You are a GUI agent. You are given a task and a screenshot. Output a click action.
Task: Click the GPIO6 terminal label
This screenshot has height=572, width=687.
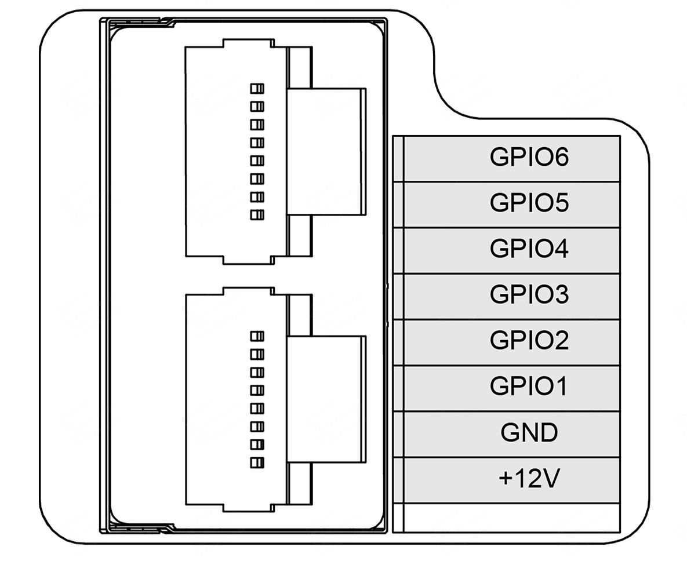(529, 157)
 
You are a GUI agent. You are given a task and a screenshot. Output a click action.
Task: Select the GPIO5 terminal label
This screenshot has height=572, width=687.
(529, 202)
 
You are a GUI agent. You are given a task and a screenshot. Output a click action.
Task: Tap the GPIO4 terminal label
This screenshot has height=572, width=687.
(529, 249)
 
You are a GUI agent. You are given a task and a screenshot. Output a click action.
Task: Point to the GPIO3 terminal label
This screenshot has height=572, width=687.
(529, 294)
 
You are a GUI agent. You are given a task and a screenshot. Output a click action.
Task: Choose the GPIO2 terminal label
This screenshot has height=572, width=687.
(529, 340)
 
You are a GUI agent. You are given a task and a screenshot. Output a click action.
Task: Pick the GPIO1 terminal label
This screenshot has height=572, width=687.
(528, 386)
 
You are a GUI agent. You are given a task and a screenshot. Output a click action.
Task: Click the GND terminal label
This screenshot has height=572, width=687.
(529, 432)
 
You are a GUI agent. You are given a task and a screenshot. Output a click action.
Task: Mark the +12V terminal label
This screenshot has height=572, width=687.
(529, 478)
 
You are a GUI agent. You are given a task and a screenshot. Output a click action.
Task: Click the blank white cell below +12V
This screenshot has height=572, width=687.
(511, 518)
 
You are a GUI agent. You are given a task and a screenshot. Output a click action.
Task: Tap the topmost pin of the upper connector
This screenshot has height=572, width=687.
(257, 89)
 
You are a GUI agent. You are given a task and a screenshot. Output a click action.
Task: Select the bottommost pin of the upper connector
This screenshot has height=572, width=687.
(257, 214)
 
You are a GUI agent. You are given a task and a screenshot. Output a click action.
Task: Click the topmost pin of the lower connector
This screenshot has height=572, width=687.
(257, 336)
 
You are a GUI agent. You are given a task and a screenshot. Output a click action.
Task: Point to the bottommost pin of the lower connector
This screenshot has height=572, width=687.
(257, 462)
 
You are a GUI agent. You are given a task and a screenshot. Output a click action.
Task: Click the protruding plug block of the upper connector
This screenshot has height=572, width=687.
(326, 151)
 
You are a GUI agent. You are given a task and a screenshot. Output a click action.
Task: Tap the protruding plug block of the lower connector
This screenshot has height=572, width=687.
(326, 399)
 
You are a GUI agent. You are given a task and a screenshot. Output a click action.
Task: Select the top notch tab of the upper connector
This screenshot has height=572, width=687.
(249, 43)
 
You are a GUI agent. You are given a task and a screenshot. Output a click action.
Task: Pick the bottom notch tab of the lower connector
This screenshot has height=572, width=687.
(249, 508)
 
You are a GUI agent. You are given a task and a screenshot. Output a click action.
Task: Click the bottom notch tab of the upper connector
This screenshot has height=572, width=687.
(249, 260)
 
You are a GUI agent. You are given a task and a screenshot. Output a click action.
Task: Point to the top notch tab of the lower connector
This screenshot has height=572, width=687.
(249, 292)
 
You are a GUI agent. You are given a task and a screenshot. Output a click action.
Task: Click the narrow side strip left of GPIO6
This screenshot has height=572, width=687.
(398, 159)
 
